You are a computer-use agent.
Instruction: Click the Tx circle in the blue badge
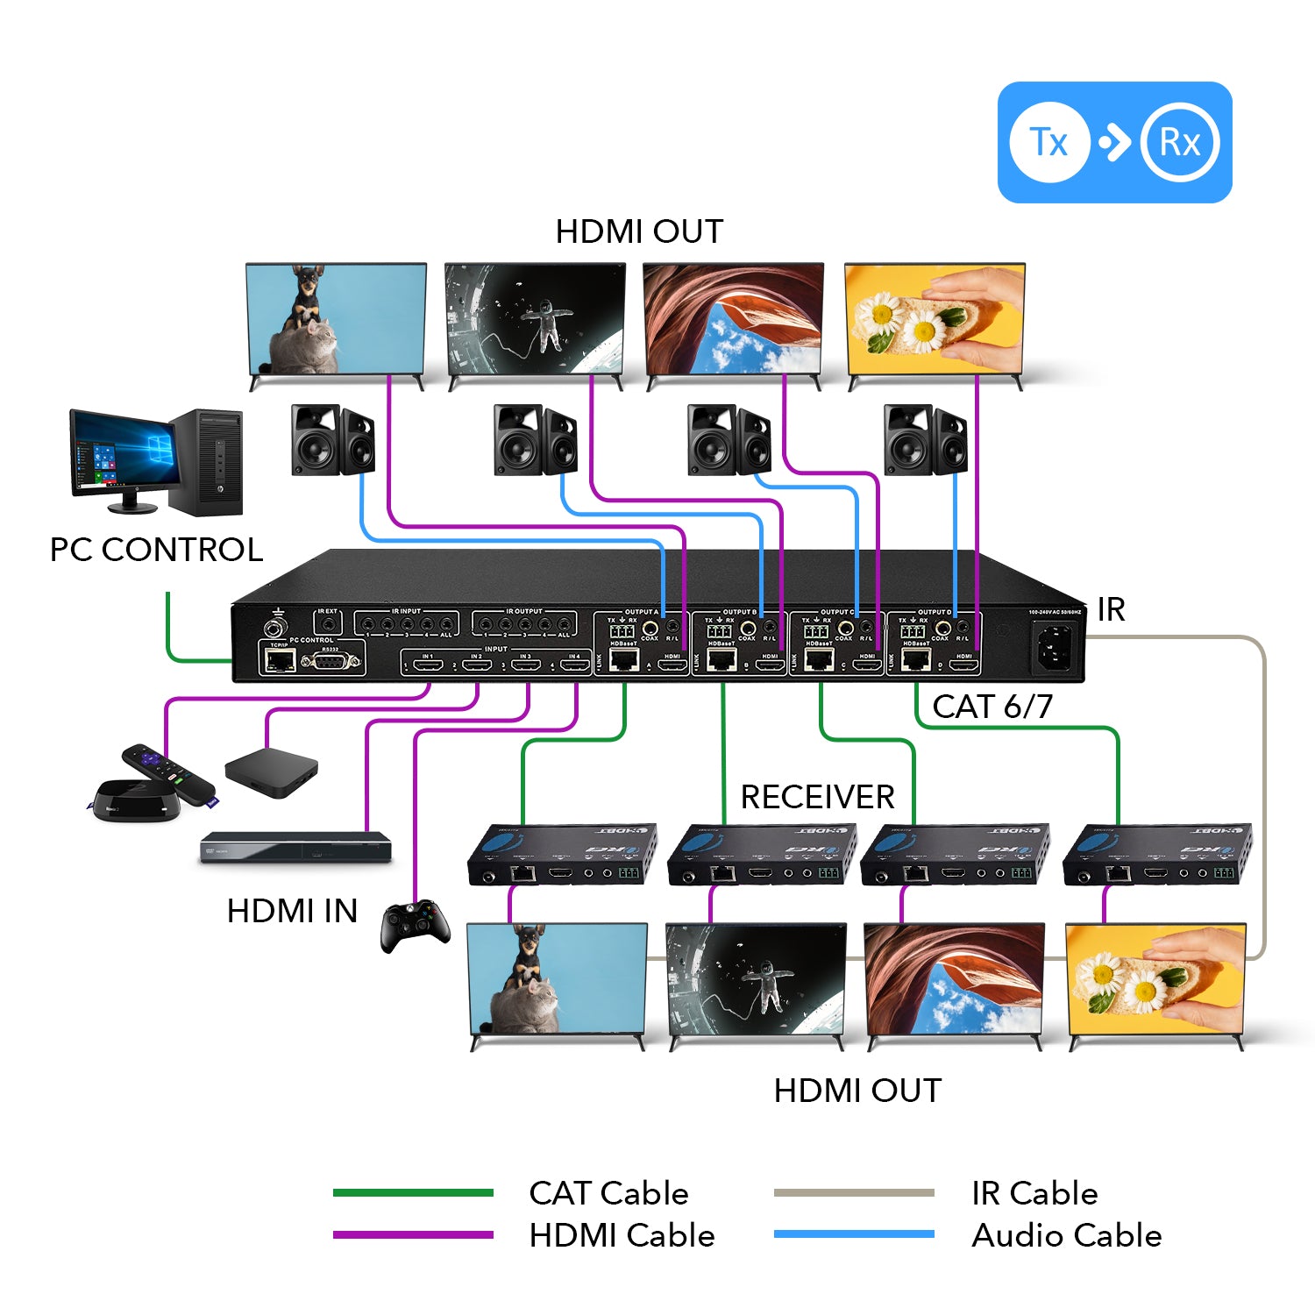click(x=1049, y=142)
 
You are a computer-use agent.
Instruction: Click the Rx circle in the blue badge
click(x=1180, y=142)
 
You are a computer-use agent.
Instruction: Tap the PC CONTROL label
click(x=156, y=550)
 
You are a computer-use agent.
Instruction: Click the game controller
click(x=416, y=926)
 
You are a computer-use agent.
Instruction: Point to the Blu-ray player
click(x=295, y=848)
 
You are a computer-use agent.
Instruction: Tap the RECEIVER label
click(x=817, y=797)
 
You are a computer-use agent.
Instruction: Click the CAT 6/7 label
click(x=992, y=707)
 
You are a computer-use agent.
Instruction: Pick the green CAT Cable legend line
click(x=413, y=1192)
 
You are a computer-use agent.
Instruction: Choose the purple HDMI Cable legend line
click(x=413, y=1234)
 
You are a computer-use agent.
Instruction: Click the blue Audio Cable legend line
click(x=854, y=1234)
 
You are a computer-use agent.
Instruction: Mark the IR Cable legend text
click(x=1034, y=1193)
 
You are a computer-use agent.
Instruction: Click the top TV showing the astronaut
click(x=535, y=320)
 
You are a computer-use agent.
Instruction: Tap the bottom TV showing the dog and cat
click(x=558, y=979)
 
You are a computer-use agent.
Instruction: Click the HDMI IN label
click(x=292, y=911)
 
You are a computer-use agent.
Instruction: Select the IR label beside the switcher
click(x=1111, y=609)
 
